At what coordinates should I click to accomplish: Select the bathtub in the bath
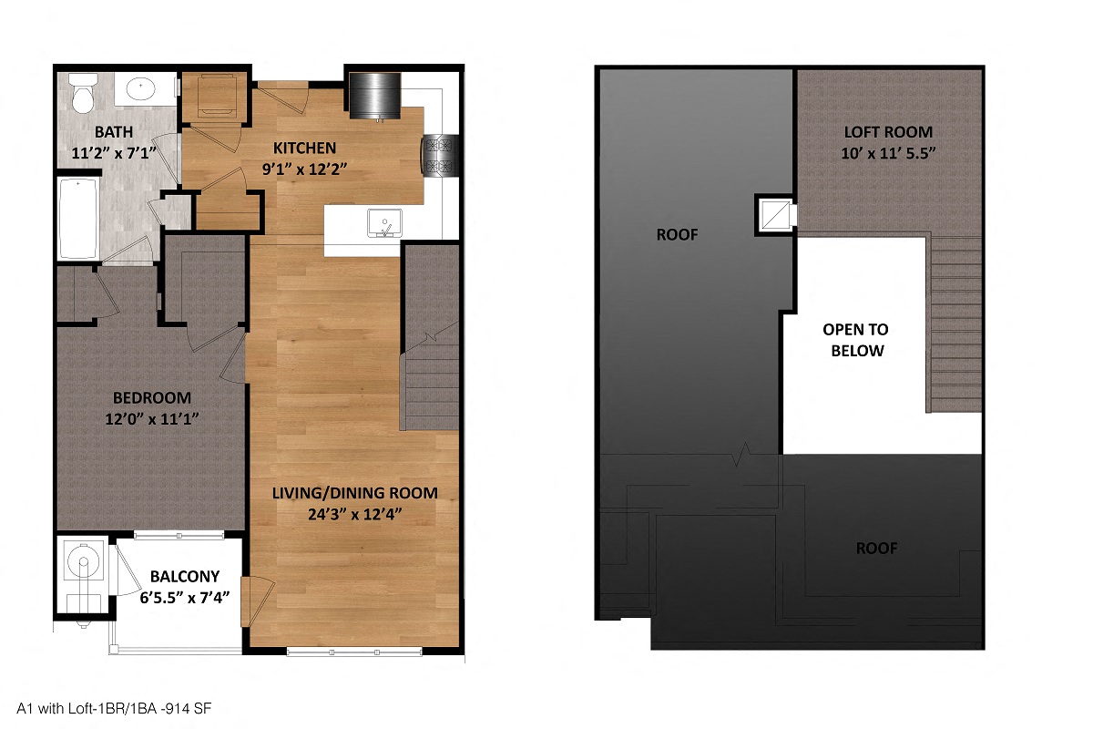coord(79,219)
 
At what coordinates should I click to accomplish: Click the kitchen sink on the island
coord(384,222)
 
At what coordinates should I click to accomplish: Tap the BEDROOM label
coord(152,397)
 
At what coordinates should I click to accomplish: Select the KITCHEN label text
coord(306,148)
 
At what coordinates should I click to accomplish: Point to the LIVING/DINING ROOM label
coord(355,493)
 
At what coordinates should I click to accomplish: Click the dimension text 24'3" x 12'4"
coord(355,514)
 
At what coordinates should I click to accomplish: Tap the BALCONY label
coord(185,576)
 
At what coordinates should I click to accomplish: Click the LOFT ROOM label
coord(888,131)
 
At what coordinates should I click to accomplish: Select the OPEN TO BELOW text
coord(855,340)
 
